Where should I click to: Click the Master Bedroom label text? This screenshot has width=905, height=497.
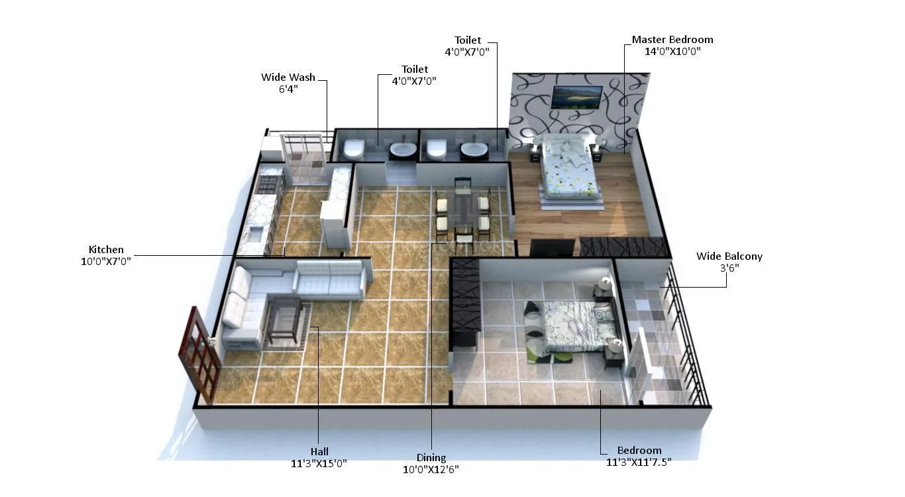[x=672, y=40]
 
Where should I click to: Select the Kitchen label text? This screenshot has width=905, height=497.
[x=106, y=250]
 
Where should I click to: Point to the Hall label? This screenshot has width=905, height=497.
[x=319, y=452]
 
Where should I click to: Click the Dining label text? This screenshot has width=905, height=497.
[x=431, y=458]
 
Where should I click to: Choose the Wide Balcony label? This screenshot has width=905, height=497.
[x=729, y=256]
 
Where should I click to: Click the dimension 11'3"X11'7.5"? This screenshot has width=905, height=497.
[x=639, y=463]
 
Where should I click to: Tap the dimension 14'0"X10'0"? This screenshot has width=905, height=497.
[x=672, y=51]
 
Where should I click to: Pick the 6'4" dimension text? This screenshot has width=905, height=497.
[x=288, y=89]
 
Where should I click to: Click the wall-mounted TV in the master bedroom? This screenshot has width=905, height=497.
[x=577, y=97]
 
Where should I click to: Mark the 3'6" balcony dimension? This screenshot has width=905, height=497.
[x=729, y=268]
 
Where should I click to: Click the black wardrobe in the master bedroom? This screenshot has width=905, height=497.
[x=623, y=247]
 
